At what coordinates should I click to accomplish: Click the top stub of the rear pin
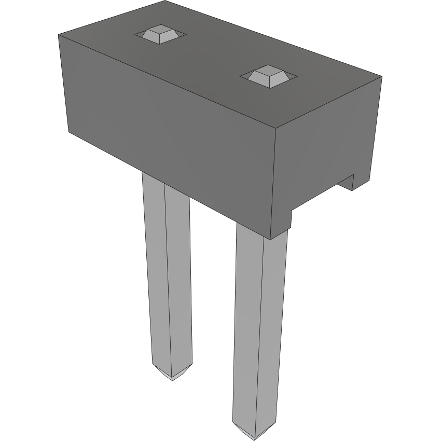coord(159,35)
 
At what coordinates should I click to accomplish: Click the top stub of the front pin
coord(268,76)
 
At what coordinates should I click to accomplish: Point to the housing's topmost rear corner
coord(165,2)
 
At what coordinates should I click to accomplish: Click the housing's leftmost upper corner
coord(58,35)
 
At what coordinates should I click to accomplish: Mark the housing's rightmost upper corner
coord(382,77)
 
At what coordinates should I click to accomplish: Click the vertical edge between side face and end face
coord(274,182)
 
